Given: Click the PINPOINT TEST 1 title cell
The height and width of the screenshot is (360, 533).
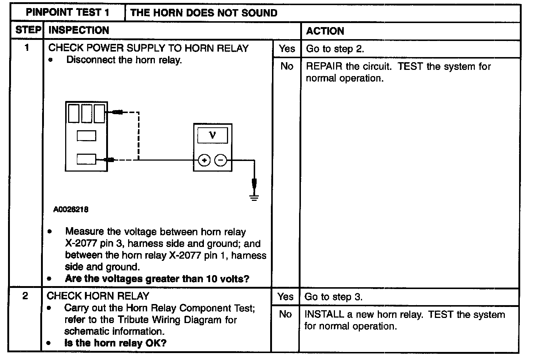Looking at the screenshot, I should (68, 13).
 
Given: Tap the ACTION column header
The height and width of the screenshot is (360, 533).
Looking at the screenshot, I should (325, 31).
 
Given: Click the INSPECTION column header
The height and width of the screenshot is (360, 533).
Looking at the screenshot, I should (79, 30).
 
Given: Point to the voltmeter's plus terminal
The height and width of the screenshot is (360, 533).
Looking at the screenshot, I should (204, 160).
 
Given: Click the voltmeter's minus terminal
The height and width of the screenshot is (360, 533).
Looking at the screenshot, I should (220, 160).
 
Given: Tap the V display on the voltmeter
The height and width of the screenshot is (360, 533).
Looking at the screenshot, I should (212, 135).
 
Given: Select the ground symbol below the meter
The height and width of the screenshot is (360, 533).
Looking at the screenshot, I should (254, 198).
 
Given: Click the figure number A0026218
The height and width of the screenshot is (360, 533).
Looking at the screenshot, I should (71, 210).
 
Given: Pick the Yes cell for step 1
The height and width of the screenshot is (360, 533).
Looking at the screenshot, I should (287, 49).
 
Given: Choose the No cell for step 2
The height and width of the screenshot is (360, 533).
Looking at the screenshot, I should (285, 314).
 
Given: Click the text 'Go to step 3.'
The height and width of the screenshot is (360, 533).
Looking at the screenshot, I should (333, 297).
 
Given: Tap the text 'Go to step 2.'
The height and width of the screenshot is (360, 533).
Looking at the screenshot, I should (335, 49).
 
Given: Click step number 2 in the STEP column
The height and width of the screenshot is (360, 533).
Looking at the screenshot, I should (25, 296).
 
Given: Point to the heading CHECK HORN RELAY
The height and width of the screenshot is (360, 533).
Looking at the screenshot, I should (98, 296).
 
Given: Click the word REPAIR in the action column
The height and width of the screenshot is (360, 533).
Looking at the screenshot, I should (324, 67).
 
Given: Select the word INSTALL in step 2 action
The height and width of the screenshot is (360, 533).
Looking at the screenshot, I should (324, 315).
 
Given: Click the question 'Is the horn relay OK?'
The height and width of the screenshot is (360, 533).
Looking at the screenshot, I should (115, 343).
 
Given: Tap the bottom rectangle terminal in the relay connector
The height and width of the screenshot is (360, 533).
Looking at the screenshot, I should (86, 159).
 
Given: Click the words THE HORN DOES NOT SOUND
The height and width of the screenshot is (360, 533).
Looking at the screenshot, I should (204, 13).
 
